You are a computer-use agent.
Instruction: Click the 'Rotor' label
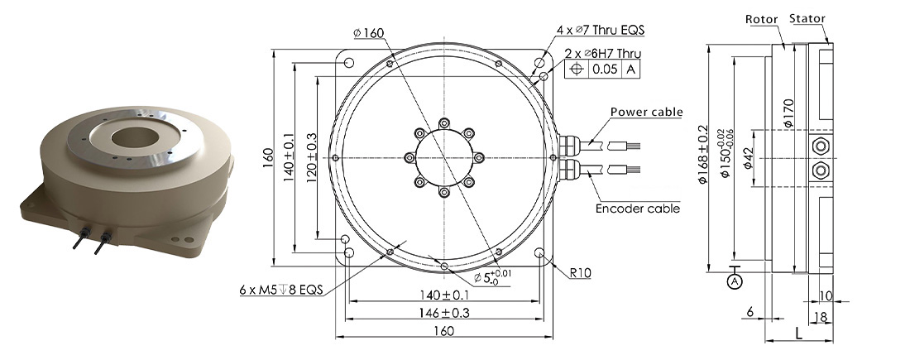click(x=761, y=20)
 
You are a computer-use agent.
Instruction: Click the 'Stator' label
click(x=807, y=18)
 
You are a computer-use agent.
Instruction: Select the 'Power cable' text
click(x=647, y=112)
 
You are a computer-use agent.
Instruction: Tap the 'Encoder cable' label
click(x=638, y=208)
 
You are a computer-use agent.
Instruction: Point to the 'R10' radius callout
click(x=581, y=272)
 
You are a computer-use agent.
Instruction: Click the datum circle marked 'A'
click(x=735, y=281)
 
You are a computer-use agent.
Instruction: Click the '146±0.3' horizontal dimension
click(x=444, y=313)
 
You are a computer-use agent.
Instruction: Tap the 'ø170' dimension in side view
click(x=788, y=113)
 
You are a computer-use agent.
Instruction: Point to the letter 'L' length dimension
click(x=798, y=334)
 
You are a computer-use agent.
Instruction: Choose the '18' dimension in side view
click(x=821, y=317)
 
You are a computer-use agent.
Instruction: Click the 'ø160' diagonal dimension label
click(x=369, y=33)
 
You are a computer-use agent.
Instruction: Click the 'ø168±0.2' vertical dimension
click(x=704, y=155)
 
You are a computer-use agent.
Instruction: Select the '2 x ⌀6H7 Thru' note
click(x=603, y=53)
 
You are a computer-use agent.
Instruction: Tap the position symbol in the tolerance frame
click(x=576, y=70)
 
